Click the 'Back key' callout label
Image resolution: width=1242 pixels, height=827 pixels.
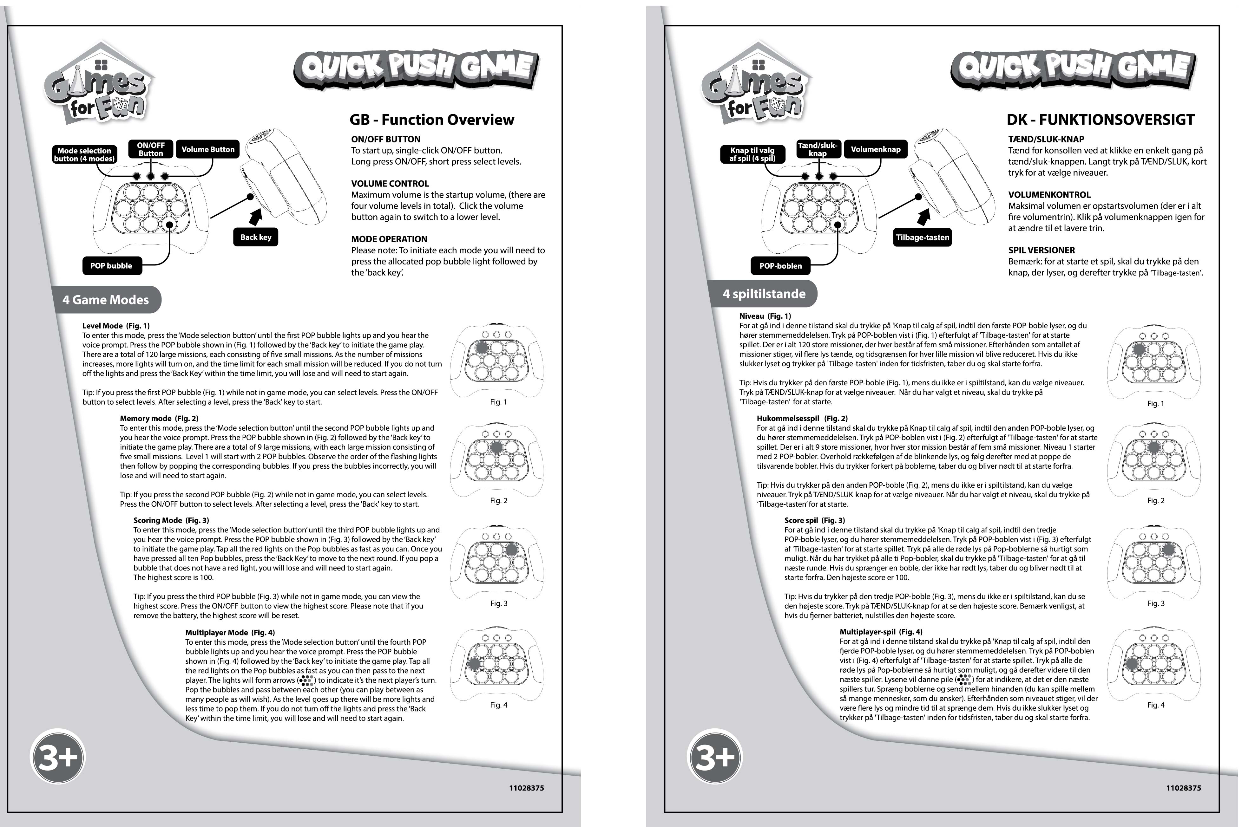click(x=256, y=237)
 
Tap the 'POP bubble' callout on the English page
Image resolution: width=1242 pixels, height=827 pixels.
click(x=111, y=266)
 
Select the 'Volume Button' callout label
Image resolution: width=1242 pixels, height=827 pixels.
click(x=208, y=150)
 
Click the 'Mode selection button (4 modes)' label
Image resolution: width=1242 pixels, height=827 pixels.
click(x=84, y=154)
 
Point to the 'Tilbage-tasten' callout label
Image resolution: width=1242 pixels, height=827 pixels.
click(x=922, y=237)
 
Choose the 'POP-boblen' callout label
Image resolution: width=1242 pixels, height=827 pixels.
click(x=780, y=266)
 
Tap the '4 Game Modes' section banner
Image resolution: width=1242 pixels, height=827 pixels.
click(x=106, y=300)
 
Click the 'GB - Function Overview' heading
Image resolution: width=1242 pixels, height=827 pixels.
click(x=431, y=120)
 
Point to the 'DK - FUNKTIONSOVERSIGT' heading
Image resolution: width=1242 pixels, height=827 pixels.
click(x=1100, y=120)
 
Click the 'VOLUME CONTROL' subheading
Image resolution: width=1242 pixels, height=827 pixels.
click(x=390, y=184)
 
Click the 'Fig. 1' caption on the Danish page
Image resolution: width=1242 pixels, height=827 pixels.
click(x=1155, y=403)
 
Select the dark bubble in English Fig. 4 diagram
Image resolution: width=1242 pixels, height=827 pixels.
click(x=474, y=663)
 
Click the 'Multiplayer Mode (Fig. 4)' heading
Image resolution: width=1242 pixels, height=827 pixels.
click(x=230, y=632)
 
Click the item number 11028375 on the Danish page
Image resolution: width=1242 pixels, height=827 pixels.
click(x=1183, y=788)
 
